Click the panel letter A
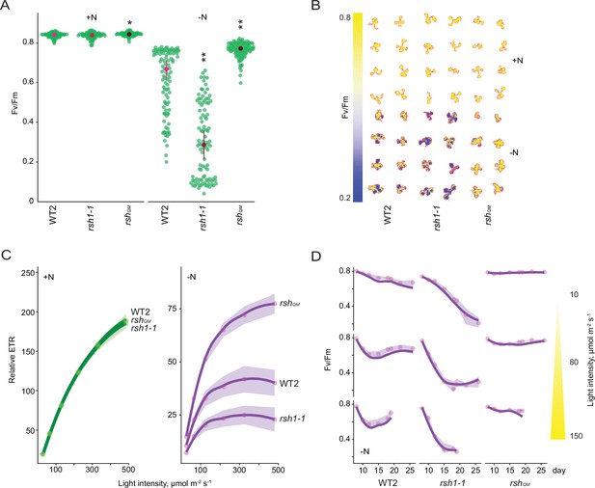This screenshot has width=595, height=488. (6, 6)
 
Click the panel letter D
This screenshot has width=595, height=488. (316, 257)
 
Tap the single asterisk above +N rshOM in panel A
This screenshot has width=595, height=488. (129, 23)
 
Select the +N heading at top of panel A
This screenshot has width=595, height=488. (92, 17)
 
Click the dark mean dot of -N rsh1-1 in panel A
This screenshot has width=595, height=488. (203, 145)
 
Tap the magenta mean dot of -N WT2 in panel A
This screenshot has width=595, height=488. (166, 69)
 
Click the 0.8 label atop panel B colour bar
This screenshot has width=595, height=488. (344, 17)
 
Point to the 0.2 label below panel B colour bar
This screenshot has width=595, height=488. (344, 198)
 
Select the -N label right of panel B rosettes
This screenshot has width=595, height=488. (513, 153)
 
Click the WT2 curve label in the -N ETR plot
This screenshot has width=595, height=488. (288, 383)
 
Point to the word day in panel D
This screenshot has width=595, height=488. (559, 471)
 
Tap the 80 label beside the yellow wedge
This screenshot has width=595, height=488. (575, 363)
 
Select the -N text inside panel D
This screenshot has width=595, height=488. (365, 451)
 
